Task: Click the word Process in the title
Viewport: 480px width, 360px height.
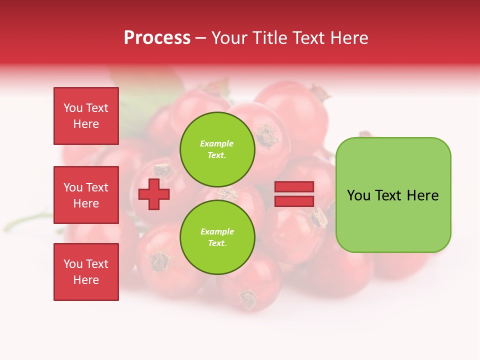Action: click(x=157, y=38)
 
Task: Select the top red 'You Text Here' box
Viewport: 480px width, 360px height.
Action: click(x=86, y=116)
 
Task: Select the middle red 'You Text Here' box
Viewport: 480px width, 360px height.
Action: click(x=86, y=195)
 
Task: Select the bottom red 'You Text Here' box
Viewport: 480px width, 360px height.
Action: click(x=86, y=272)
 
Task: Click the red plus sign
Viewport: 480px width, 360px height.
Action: click(x=154, y=194)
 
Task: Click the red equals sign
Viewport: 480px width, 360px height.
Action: click(x=294, y=194)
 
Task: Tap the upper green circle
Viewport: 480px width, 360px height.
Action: click(x=217, y=149)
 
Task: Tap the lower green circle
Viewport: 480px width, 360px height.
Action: click(x=217, y=237)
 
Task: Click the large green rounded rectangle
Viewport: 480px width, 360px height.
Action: click(x=393, y=195)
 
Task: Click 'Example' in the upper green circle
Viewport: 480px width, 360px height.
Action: click(x=216, y=143)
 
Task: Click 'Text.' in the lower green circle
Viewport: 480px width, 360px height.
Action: click(x=217, y=243)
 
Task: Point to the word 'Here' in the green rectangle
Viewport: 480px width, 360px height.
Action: click(x=422, y=195)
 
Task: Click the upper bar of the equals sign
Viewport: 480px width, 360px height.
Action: click(x=294, y=187)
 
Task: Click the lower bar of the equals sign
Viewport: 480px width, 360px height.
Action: click(x=294, y=201)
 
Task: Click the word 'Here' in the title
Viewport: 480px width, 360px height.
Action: click(x=349, y=38)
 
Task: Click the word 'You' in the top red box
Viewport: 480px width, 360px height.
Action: click(x=73, y=108)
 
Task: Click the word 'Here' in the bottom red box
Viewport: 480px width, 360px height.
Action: click(x=86, y=280)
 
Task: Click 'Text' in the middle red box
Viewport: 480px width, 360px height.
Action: click(x=96, y=187)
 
